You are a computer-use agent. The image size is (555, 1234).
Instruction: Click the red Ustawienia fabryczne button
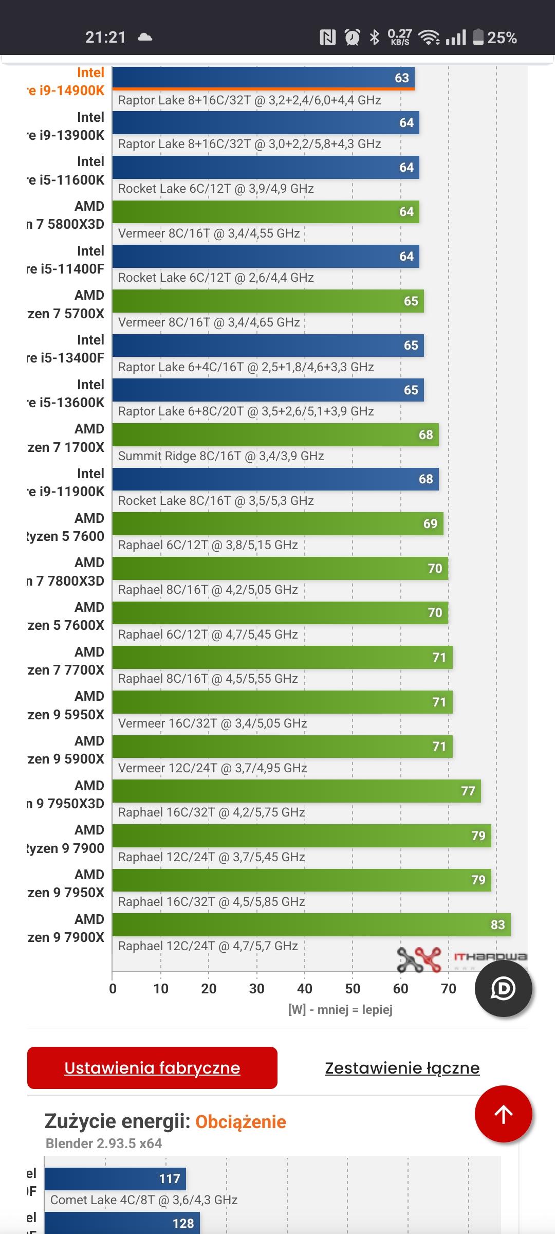(152, 1068)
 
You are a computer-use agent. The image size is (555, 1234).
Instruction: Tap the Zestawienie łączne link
(402, 1068)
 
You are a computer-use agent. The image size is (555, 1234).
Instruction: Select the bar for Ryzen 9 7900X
(311, 924)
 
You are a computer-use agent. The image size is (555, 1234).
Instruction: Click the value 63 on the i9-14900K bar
(401, 78)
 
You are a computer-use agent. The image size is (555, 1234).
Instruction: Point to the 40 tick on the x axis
(304, 988)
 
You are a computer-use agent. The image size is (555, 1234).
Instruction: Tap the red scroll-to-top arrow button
(503, 1114)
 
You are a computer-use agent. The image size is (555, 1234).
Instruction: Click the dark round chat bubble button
(503, 988)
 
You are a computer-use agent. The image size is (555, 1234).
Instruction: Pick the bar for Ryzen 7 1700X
(275, 434)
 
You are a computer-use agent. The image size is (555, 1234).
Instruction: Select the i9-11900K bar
(275, 479)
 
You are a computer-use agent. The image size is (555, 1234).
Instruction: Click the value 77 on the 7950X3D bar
(468, 791)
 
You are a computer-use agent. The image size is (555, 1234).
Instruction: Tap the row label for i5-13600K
(66, 394)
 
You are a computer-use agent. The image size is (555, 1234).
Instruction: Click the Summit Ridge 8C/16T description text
(221, 456)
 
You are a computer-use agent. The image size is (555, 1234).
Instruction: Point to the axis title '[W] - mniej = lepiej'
(340, 1010)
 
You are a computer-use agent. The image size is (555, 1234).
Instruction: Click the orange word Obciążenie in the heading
(240, 1121)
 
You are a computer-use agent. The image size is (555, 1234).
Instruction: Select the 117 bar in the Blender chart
(115, 1178)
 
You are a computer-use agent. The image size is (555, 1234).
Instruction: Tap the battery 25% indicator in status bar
(494, 38)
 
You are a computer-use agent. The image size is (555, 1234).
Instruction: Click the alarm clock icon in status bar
(352, 37)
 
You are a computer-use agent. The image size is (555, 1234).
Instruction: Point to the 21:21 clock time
(105, 37)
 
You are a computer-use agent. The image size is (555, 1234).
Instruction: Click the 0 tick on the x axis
(113, 988)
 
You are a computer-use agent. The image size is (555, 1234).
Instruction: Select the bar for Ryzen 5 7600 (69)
(277, 523)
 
